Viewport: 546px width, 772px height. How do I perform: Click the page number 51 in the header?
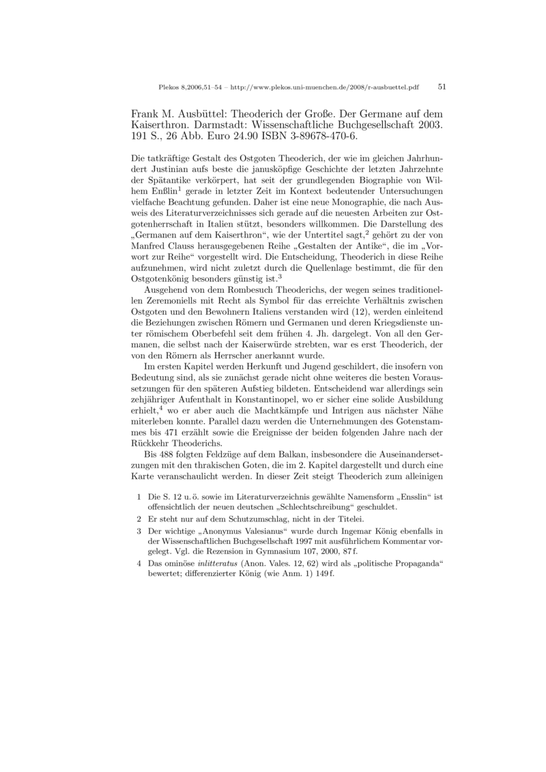(x=442, y=87)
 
